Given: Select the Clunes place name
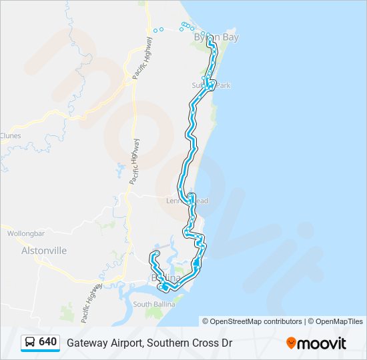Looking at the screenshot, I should pos(10,136).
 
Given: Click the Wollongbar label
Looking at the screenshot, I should pos(25,234).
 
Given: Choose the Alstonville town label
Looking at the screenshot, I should pos(44,251).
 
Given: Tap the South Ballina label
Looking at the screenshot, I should pos(153,305).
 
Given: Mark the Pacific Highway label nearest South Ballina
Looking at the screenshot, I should pos(91,303).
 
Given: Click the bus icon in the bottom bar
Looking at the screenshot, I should pos(30,343).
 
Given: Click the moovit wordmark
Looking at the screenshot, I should pos(322,343).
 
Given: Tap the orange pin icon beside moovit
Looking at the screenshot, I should pos(291,343).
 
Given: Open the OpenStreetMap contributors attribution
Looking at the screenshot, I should pos(256,321).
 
